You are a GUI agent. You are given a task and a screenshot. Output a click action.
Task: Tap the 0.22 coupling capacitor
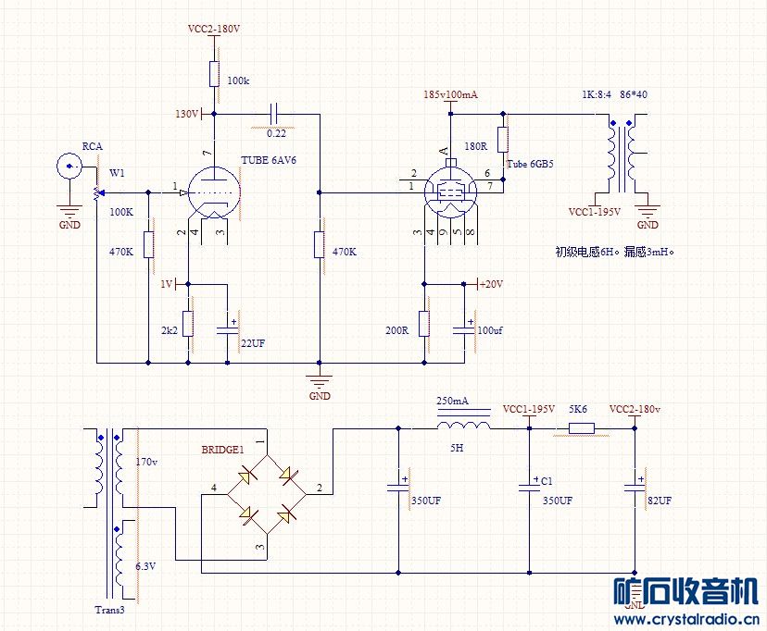click(x=275, y=114)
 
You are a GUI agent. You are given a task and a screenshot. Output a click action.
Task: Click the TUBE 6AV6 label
click(x=268, y=160)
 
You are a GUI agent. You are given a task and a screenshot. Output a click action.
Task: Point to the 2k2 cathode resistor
click(x=188, y=323)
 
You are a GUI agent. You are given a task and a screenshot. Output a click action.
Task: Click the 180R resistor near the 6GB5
click(x=503, y=140)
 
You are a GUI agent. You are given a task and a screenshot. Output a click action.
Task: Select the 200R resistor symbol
click(x=424, y=324)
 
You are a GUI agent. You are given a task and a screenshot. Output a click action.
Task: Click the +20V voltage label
click(x=491, y=284)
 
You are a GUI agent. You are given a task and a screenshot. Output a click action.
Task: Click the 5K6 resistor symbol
click(x=582, y=428)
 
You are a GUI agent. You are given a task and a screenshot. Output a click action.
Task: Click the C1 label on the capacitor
click(x=547, y=481)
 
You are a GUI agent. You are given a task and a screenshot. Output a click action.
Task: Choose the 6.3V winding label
click(x=145, y=566)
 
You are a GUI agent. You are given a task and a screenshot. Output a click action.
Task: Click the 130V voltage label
click(x=187, y=114)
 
